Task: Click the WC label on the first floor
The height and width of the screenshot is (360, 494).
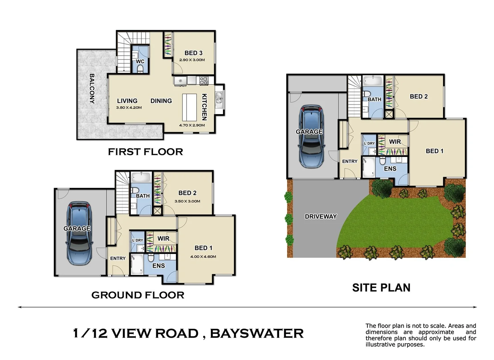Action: tap(140, 61)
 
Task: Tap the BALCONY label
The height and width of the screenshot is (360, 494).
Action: tap(92, 89)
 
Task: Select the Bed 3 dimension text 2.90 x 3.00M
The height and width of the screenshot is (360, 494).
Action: tap(192, 60)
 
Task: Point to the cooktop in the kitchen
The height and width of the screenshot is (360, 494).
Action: tap(204, 80)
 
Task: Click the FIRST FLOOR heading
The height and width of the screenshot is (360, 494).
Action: tap(146, 152)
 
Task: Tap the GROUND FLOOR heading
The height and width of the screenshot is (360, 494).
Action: tap(138, 295)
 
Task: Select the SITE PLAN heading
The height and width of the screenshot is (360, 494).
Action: tap(381, 288)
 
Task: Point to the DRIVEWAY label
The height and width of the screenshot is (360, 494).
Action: tap(321, 217)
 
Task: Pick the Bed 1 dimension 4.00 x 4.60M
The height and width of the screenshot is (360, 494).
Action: tap(203, 257)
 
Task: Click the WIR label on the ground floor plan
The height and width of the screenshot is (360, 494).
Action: tap(163, 239)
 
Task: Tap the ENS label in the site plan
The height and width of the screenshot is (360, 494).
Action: tap(390, 169)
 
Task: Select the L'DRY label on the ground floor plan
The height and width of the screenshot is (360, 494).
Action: tap(137, 240)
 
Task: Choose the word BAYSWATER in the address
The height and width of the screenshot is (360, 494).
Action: tap(257, 333)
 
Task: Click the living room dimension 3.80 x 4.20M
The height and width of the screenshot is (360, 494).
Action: tap(129, 108)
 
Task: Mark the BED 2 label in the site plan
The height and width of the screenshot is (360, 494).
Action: tap(418, 97)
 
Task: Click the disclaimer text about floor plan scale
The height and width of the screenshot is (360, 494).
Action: tap(421, 335)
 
